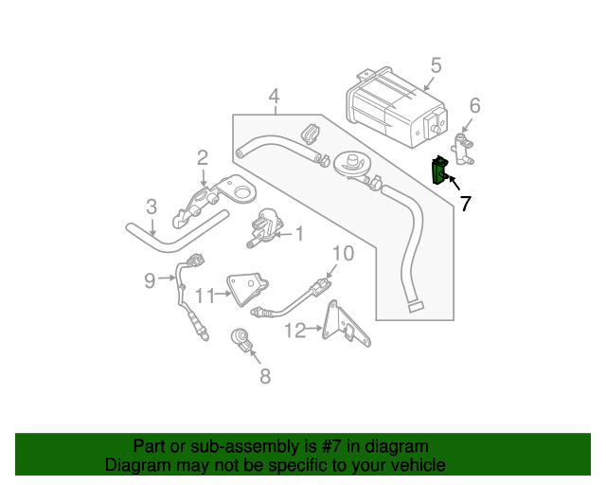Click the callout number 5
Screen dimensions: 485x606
(436, 65)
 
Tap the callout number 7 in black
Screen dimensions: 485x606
(466, 202)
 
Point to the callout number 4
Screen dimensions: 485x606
(274, 96)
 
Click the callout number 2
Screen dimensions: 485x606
(203, 156)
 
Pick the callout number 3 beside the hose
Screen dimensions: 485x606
(151, 207)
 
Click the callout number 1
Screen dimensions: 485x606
(298, 233)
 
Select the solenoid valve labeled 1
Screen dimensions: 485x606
(262, 227)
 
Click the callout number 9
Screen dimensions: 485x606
(150, 279)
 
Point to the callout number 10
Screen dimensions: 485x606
(342, 253)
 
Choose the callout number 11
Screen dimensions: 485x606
(204, 294)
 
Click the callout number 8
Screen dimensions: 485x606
(264, 376)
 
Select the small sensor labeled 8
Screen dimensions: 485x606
(243, 339)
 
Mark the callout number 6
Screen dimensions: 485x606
(474, 105)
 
